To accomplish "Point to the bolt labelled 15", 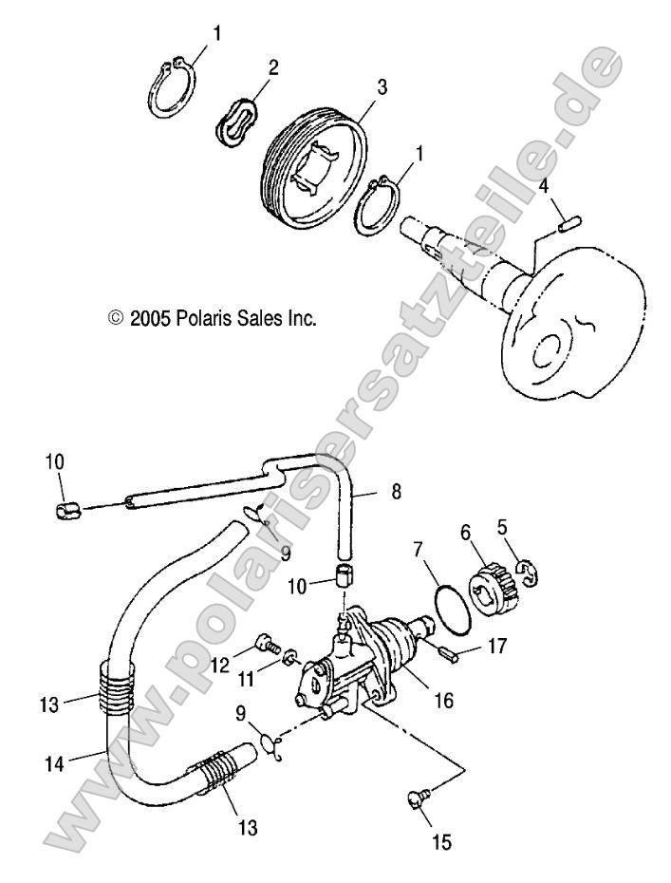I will point(418,803).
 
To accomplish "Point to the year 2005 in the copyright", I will point(150,318).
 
